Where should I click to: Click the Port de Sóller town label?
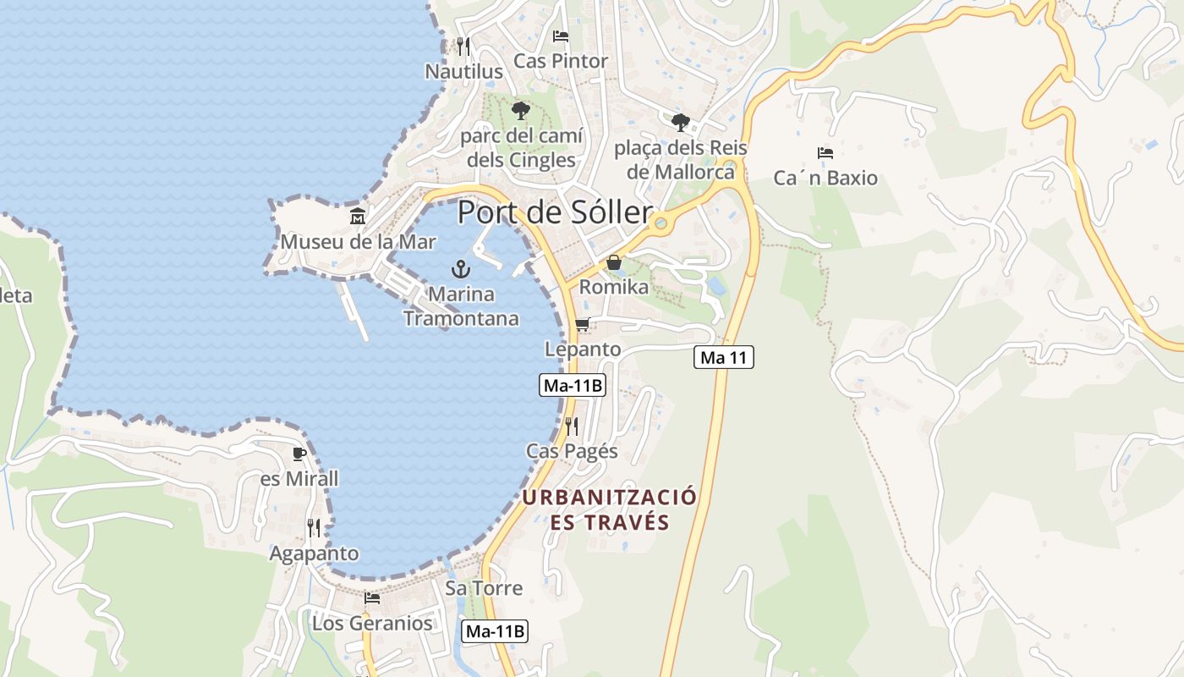click(x=555, y=212)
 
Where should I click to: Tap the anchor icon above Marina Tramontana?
click(x=461, y=270)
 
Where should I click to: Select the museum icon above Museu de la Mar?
click(x=358, y=217)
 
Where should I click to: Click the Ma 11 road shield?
click(x=724, y=357)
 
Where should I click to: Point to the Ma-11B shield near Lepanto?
click(x=573, y=385)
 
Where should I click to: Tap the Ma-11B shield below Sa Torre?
click(x=496, y=630)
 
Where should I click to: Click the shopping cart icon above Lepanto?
click(x=582, y=325)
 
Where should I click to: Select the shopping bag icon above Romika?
click(x=614, y=262)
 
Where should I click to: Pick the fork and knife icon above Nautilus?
click(x=463, y=46)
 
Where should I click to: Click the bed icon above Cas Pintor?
click(x=560, y=36)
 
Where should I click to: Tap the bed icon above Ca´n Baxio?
click(x=825, y=153)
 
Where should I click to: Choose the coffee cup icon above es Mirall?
click(x=299, y=454)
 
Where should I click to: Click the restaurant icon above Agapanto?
click(x=314, y=528)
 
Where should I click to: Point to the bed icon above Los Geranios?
click(x=371, y=598)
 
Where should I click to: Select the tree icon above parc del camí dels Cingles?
click(x=520, y=110)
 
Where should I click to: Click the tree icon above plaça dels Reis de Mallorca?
click(x=680, y=123)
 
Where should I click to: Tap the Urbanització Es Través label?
click(x=609, y=509)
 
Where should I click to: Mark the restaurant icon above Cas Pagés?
click(x=572, y=426)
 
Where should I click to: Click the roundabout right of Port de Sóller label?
click(x=661, y=224)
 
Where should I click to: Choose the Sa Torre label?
click(x=484, y=588)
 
